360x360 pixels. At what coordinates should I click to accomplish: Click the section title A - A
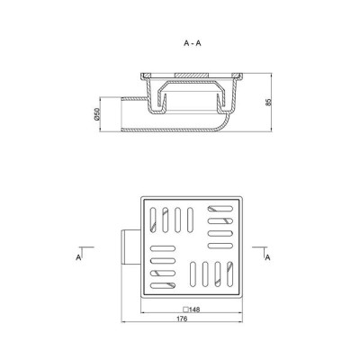click(x=193, y=43)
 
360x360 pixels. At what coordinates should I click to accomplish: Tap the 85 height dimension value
click(x=268, y=102)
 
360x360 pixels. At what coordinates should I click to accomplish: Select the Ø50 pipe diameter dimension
click(x=96, y=114)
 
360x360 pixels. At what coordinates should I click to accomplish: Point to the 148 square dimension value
click(x=194, y=310)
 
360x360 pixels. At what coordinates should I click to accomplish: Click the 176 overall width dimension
click(x=182, y=319)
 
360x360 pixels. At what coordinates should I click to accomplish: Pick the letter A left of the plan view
click(x=78, y=257)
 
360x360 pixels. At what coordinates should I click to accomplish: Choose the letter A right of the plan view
click(x=267, y=257)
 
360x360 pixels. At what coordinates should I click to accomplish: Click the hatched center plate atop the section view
click(x=191, y=75)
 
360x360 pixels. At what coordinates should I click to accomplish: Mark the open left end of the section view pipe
click(x=121, y=114)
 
